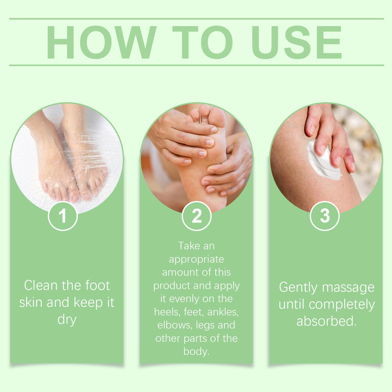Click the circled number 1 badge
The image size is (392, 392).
click(x=63, y=216)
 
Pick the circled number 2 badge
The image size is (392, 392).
click(x=197, y=216)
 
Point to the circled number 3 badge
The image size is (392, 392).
click(x=325, y=216)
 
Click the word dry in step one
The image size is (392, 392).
click(x=67, y=319)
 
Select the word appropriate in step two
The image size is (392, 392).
click(x=196, y=259)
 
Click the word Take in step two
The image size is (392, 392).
click(x=187, y=246)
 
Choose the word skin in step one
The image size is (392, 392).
click(x=31, y=302)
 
